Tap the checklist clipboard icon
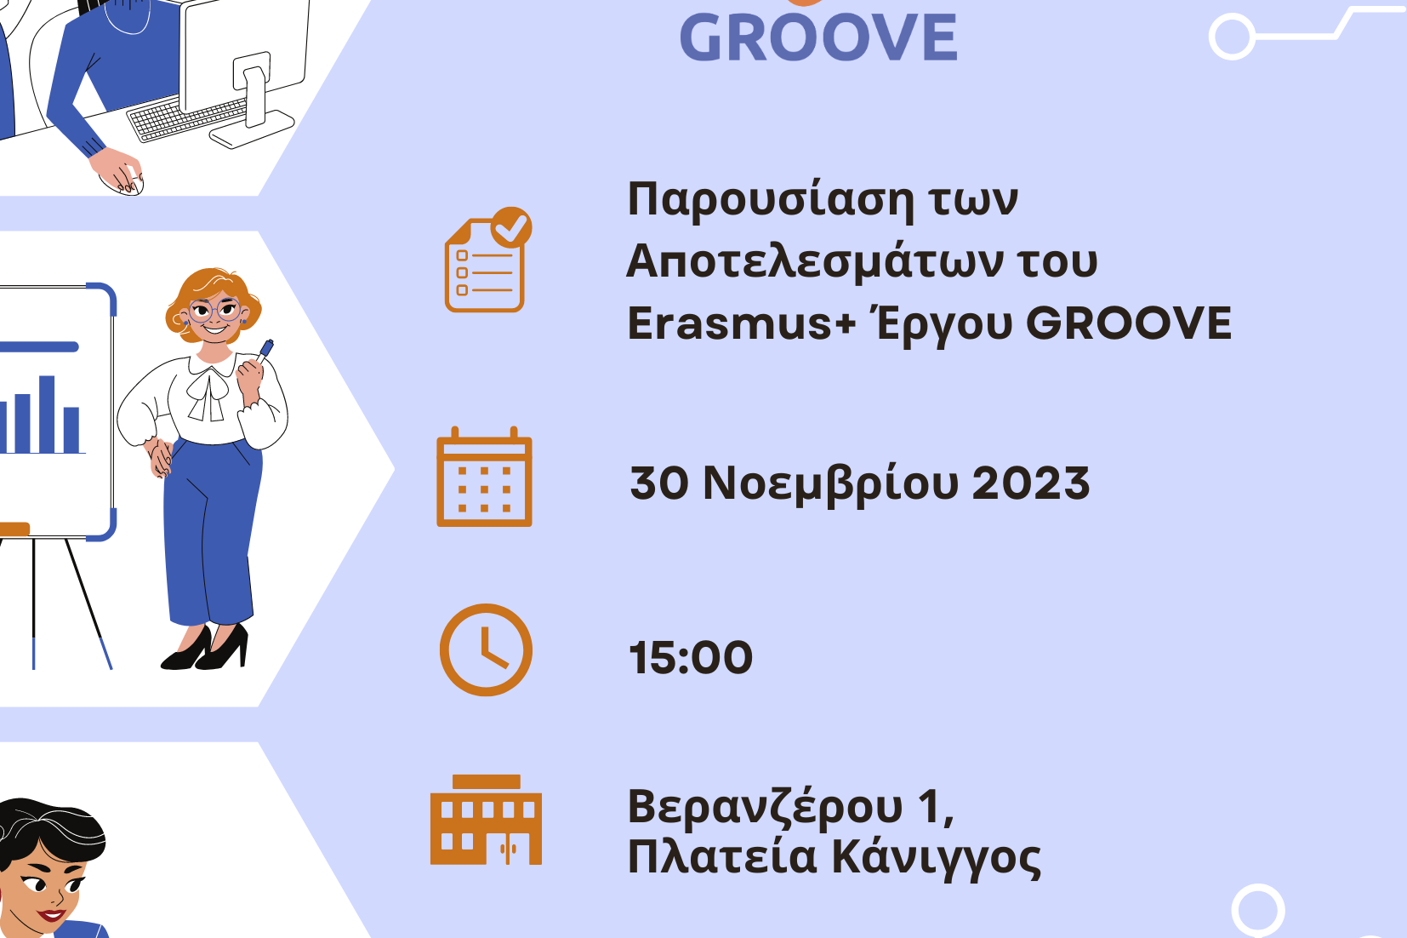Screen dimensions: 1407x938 coord(488,260)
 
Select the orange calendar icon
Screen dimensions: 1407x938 coord(484,477)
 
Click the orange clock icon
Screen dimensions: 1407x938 coord(486,649)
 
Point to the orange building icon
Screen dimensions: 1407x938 coord(486,819)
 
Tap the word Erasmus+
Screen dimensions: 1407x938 coord(742,323)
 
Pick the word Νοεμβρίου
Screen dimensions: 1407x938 coord(831,485)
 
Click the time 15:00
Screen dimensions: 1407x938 coord(691,657)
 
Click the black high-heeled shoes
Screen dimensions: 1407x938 coord(205,648)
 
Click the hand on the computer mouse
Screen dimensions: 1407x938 coord(118,169)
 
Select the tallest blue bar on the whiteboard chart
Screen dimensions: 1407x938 coord(47,415)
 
